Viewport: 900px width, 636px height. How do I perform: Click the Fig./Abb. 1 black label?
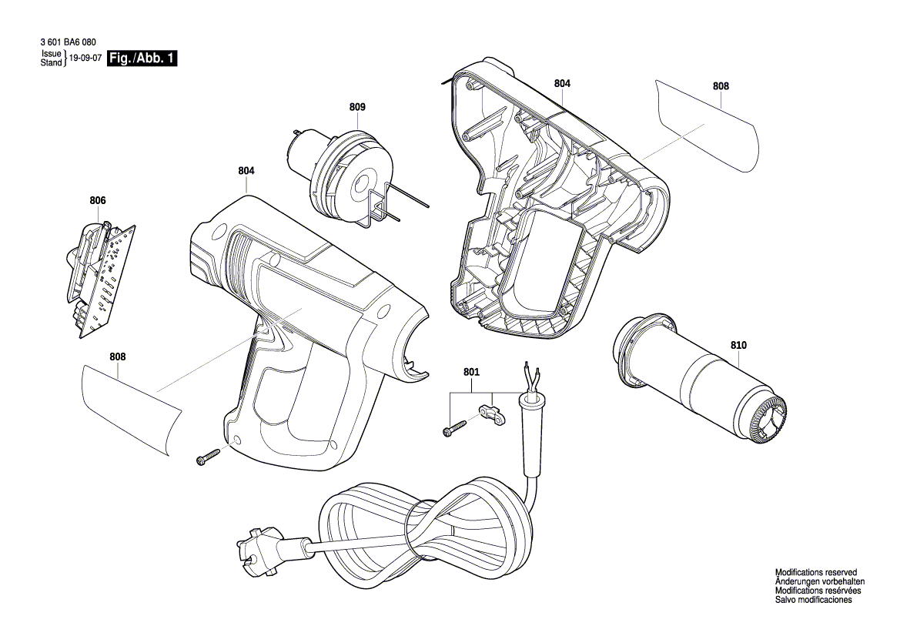click(142, 59)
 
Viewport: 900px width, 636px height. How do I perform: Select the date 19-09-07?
click(85, 59)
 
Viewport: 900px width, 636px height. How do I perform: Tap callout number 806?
click(97, 200)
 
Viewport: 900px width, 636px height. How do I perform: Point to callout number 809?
click(357, 107)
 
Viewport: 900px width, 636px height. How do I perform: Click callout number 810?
click(738, 346)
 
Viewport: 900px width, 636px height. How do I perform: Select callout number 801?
click(471, 372)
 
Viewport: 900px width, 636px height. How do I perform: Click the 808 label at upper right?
click(720, 87)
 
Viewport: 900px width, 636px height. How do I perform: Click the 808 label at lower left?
click(118, 356)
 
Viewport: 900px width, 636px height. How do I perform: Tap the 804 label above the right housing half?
click(562, 82)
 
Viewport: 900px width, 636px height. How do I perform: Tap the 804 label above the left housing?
click(246, 170)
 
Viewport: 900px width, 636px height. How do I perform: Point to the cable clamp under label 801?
click(489, 416)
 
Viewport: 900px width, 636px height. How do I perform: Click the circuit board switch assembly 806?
click(100, 277)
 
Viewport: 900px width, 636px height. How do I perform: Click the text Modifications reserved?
click(815, 573)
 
